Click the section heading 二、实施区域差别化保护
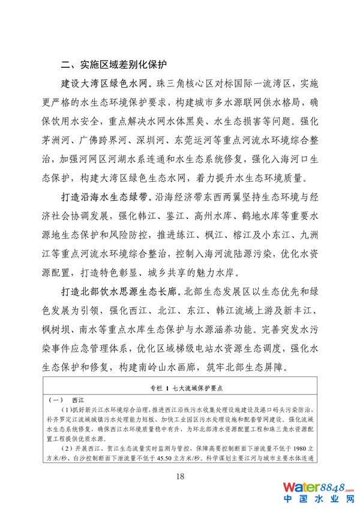[x=113, y=64]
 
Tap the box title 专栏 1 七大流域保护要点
[x=179, y=388]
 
